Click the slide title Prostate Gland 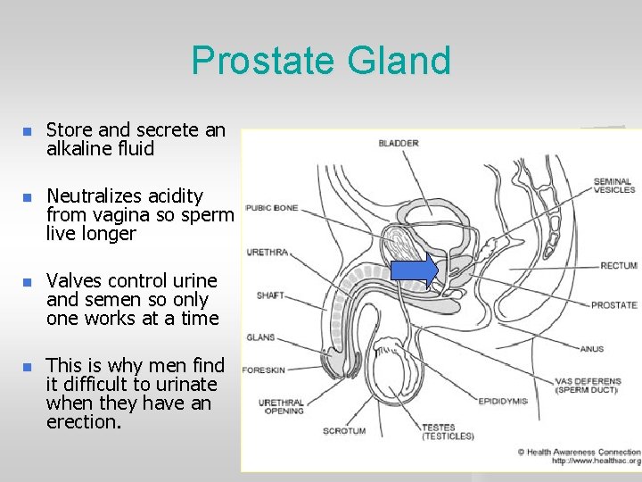[321, 61]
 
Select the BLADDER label [399, 144]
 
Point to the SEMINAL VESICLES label [614, 185]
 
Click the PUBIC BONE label [272, 208]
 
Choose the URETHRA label [267, 253]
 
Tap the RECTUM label [618, 265]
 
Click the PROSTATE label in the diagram [613, 305]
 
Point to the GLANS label [260, 337]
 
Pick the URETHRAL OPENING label [281, 407]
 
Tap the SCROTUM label [344, 431]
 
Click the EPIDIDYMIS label [503, 401]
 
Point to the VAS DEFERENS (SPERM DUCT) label [588, 386]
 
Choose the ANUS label [591, 349]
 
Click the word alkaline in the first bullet [82, 149]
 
